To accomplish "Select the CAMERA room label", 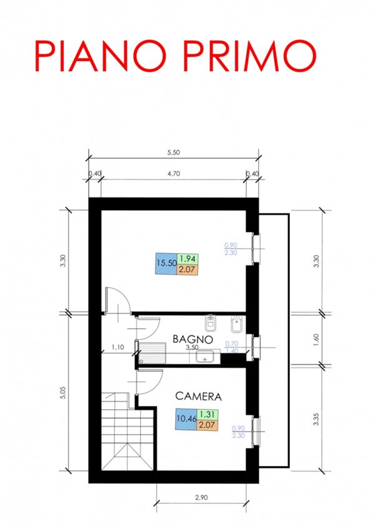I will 198,396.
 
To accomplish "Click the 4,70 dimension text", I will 174,175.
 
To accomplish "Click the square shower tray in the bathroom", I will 151,353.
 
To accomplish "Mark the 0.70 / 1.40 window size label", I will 231,347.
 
